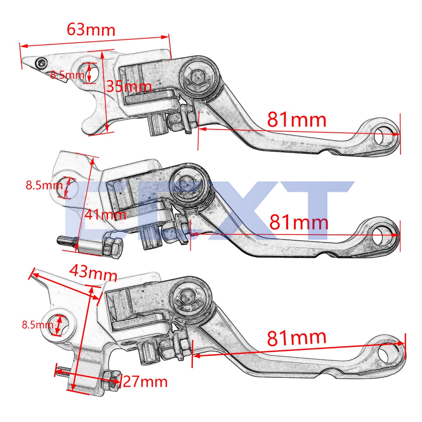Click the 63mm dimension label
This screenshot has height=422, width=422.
tap(91, 30)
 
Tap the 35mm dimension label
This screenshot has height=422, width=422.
tap(129, 87)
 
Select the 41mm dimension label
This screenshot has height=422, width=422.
tap(105, 214)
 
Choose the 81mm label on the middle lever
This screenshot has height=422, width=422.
tap(299, 222)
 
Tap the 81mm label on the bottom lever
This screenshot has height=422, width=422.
tap(297, 338)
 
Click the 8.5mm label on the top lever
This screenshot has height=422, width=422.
tap(67, 75)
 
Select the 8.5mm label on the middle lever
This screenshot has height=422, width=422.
tap(44, 185)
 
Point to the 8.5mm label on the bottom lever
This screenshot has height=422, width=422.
tap(38, 325)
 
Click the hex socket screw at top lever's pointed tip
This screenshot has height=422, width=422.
tap(41, 63)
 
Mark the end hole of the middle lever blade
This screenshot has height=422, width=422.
tap(382, 235)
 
